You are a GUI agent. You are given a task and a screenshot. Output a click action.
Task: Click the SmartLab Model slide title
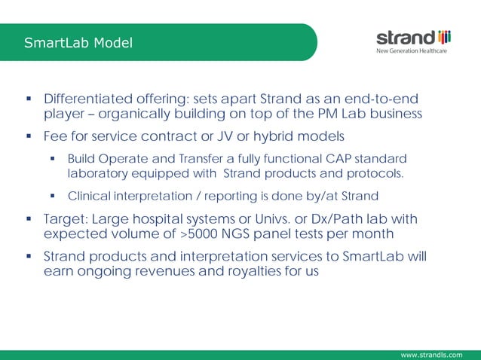(x=78, y=43)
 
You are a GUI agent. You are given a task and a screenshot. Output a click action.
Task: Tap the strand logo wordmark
(x=405, y=38)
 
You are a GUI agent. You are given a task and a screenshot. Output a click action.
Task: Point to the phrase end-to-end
(x=383, y=100)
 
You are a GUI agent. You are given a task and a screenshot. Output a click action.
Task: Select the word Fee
(x=56, y=137)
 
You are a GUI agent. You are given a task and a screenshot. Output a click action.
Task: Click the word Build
(x=81, y=159)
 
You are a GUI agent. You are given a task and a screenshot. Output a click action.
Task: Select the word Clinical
(x=90, y=197)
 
